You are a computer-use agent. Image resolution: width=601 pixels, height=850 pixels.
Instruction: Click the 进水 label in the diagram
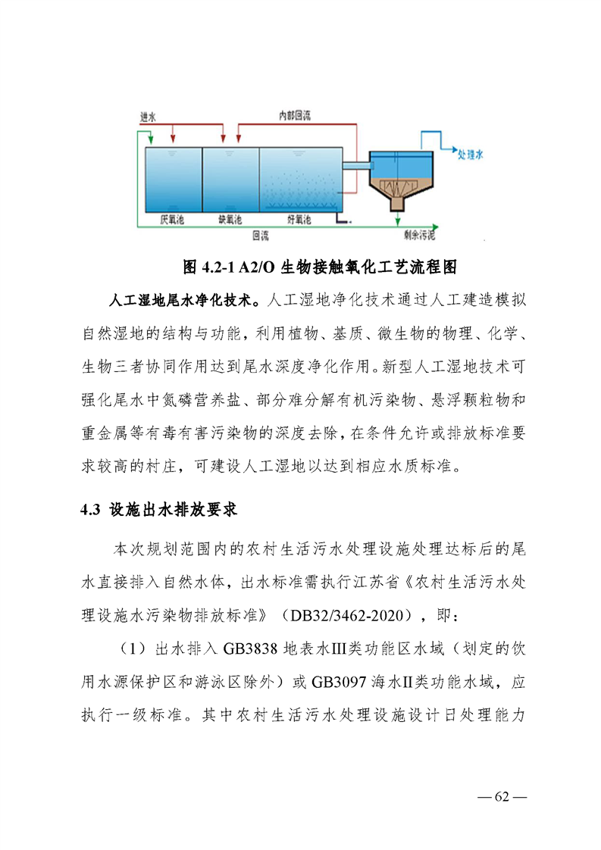coord(148,118)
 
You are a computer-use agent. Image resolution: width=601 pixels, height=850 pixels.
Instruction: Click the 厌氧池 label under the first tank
coord(171,220)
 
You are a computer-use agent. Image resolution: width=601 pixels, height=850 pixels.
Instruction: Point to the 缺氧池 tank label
coord(230,220)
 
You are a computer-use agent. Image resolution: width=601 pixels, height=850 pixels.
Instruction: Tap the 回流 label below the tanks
coord(260,234)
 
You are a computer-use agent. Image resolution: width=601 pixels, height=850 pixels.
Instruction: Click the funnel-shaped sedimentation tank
coord(399,182)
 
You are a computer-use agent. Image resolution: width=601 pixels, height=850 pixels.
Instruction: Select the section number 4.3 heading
coord(91,510)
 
